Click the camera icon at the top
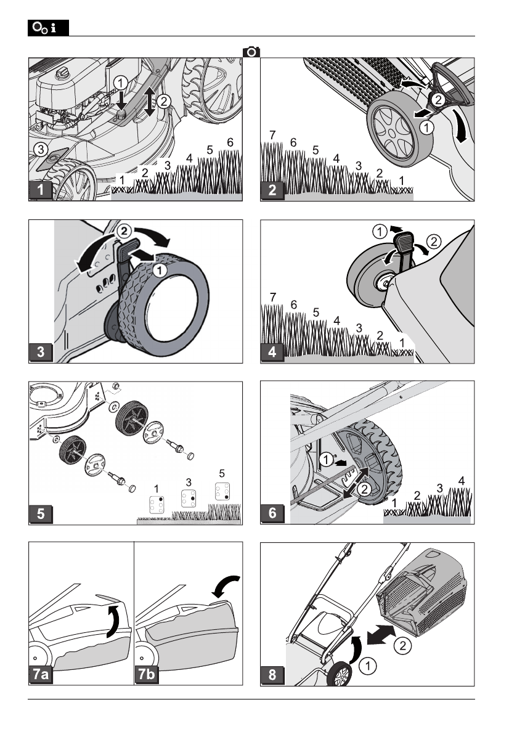click(x=251, y=52)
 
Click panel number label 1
click(x=41, y=190)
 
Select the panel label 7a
click(x=41, y=674)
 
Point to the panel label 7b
click(x=146, y=674)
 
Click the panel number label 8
click(x=272, y=675)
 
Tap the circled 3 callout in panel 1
click(x=41, y=150)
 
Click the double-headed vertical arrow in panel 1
click(x=149, y=101)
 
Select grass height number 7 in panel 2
click(x=272, y=135)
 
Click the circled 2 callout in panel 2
click(x=438, y=99)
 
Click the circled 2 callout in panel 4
click(x=434, y=242)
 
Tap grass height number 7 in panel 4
click(x=273, y=297)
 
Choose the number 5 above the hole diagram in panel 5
click(x=222, y=473)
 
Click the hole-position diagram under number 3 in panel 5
click(x=189, y=498)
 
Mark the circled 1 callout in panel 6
click(x=326, y=460)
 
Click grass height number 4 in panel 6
click(x=462, y=481)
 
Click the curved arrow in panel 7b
click(x=226, y=586)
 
